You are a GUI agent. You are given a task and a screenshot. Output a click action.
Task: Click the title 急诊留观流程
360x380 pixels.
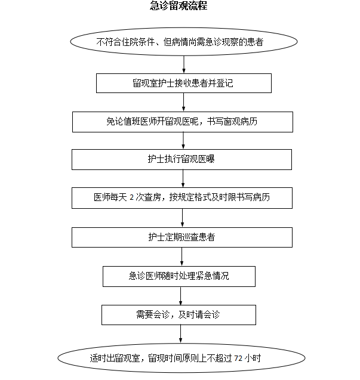click(179, 7)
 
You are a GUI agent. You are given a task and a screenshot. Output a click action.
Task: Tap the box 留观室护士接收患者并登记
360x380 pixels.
click(183, 83)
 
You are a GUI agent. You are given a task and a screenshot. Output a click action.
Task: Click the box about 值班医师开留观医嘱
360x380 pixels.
click(183, 122)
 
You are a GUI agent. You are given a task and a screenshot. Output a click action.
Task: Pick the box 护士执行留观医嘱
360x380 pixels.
click(182, 159)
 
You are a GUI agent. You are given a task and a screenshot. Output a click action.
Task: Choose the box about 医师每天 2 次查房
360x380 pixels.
click(182, 197)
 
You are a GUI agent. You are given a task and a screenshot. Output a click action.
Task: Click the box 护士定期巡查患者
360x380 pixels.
click(182, 237)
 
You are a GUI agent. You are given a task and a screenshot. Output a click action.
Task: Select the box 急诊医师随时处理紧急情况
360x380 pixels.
click(179, 276)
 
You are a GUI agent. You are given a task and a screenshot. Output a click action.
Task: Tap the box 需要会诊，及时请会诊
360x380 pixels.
click(179, 314)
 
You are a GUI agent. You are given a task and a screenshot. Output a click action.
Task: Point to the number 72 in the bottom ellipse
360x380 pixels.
click(239, 359)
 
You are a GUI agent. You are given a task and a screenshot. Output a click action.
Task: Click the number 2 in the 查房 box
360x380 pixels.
click(131, 197)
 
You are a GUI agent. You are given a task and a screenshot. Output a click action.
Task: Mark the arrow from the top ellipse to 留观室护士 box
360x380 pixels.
click(184, 64)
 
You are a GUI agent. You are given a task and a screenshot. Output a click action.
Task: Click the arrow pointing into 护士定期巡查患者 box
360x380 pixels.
click(183, 218)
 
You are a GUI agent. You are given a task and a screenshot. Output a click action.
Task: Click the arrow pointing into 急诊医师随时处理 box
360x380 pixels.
click(181, 257)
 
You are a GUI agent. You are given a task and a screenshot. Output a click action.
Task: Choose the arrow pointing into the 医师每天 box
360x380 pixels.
click(183, 179)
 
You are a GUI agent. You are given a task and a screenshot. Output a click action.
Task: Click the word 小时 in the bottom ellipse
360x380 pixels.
click(253, 359)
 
